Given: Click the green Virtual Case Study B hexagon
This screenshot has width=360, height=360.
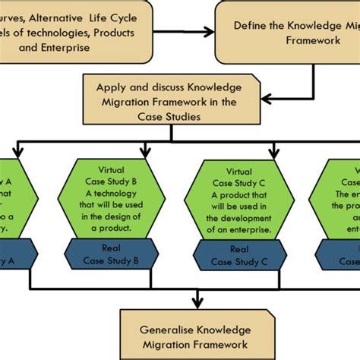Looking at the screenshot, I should pos(109,200).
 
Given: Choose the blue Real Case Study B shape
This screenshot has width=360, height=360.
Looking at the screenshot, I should pos(109,255).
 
